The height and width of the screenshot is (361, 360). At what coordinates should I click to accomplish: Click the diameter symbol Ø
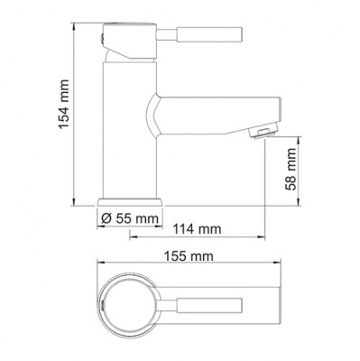pos(106,219)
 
